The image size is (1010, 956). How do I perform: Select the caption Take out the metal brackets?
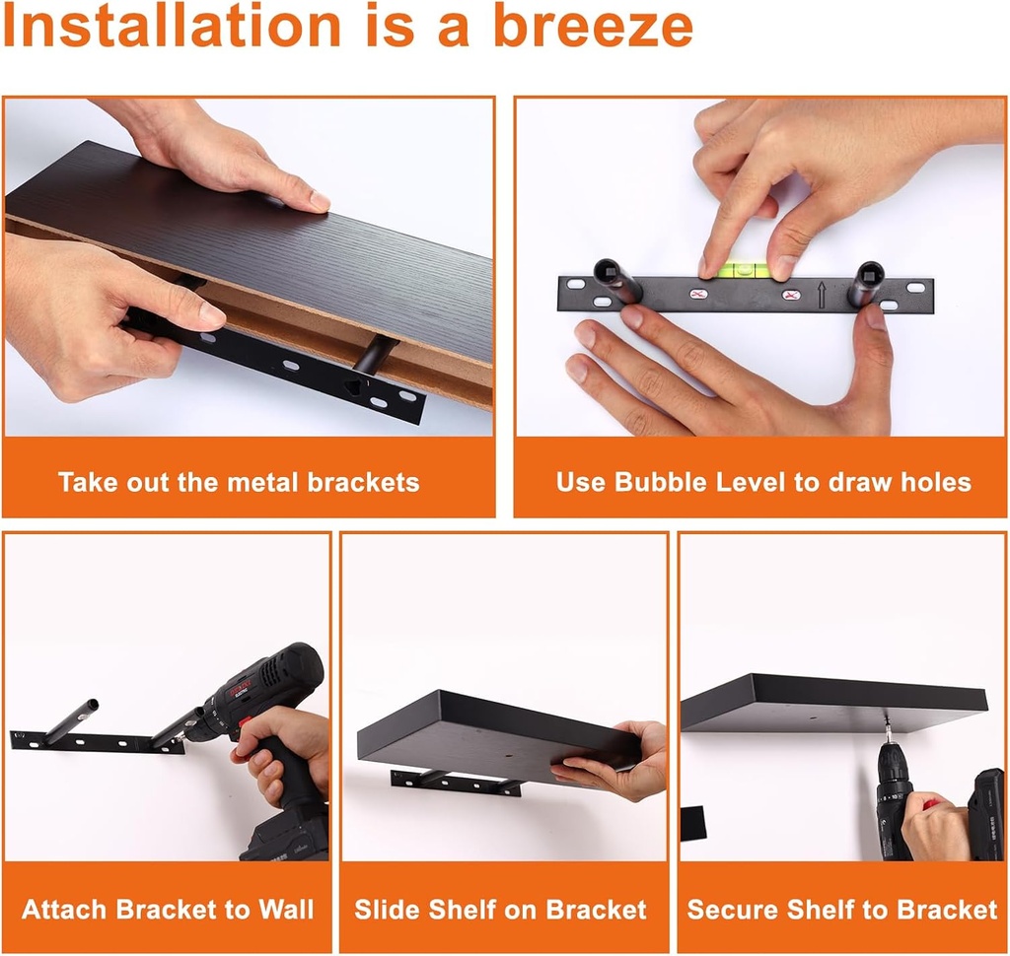tap(239, 482)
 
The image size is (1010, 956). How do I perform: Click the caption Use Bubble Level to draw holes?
tap(762, 482)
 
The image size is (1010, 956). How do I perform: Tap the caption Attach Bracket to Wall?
tap(168, 909)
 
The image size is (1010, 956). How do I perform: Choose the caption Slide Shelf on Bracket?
tap(501, 909)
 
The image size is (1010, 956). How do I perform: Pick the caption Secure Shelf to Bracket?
tap(842, 909)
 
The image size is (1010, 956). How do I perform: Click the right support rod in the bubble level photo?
tap(868, 284)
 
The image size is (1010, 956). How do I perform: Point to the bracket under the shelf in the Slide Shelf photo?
tap(456, 782)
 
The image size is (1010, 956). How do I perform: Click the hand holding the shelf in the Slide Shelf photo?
tap(616, 764)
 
